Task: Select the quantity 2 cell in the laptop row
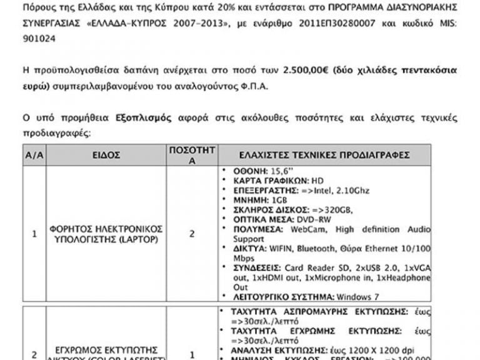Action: coord(192,234)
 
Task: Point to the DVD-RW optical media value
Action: coord(310,219)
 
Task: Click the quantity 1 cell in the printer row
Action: coord(192,354)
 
